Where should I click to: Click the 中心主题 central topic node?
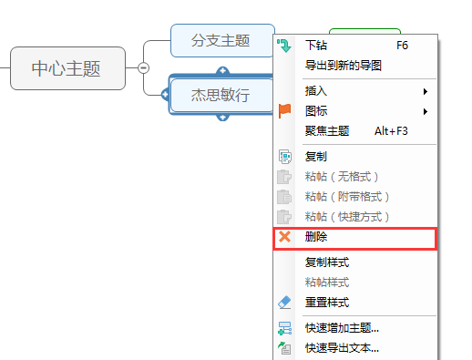pyautogui.click(x=67, y=67)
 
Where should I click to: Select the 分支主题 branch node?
pyautogui.click(x=221, y=40)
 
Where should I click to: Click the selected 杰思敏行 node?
pyautogui.click(x=220, y=93)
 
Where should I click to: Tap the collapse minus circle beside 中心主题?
pyautogui.click(x=143, y=67)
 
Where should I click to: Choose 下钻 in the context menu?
pyautogui.click(x=316, y=44)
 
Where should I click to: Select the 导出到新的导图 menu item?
pyautogui.click(x=343, y=65)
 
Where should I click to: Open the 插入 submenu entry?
pyautogui.click(x=316, y=91)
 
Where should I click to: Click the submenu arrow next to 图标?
pyautogui.click(x=425, y=111)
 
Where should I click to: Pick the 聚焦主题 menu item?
pyautogui.click(x=326, y=131)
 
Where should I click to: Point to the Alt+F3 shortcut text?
pyautogui.click(x=391, y=131)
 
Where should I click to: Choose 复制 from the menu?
pyautogui.click(x=316, y=157)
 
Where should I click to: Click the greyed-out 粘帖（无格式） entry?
pyautogui.click(x=341, y=176)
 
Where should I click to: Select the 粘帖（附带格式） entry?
pyautogui.click(x=346, y=196)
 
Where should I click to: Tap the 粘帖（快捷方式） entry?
pyautogui.click(x=346, y=216)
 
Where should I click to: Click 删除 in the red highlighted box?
pyautogui.click(x=316, y=237)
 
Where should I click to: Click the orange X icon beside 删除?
pyautogui.click(x=285, y=237)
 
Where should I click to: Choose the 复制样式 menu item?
pyautogui.click(x=326, y=262)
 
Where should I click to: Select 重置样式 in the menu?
pyautogui.click(x=326, y=302)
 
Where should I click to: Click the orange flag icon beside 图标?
pyautogui.click(x=285, y=111)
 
